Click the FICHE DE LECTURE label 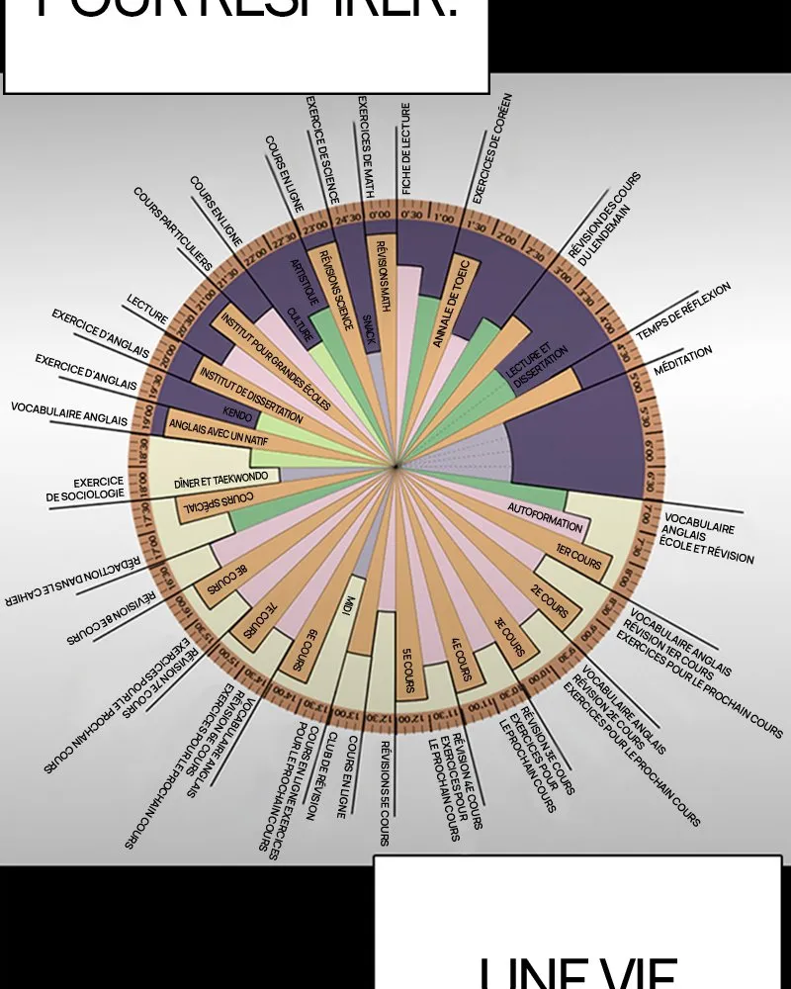[406, 148]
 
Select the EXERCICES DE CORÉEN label [491, 148]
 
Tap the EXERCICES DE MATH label [366, 146]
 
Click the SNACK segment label [368, 322]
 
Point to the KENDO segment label [237, 410]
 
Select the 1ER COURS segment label [578, 560]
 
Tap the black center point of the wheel [395, 466]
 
